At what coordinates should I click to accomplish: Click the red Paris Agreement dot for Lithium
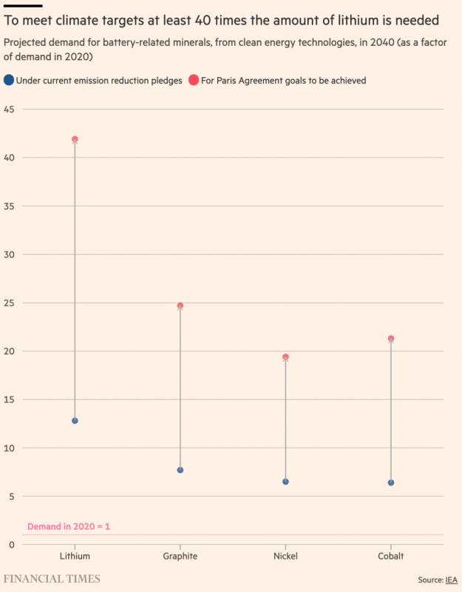point(75,139)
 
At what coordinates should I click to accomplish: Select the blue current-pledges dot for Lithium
point(75,420)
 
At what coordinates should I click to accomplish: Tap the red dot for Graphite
point(180,306)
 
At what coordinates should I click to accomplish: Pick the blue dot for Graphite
point(180,470)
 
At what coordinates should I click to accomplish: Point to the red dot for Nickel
point(285,357)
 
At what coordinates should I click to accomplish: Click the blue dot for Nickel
point(285,482)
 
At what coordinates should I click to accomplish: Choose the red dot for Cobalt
point(391,339)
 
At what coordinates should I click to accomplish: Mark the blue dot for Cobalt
point(391,482)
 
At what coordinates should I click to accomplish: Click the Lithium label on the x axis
point(75,556)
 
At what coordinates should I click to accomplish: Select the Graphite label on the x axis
point(180,556)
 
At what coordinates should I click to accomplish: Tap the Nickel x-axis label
point(285,556)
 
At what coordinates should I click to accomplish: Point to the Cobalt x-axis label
point(391,556)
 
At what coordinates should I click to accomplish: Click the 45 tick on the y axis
point(10,110)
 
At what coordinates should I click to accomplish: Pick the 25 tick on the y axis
point(10,303)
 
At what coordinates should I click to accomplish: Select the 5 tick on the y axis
point(10,497)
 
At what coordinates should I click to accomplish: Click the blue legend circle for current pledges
point(8,81)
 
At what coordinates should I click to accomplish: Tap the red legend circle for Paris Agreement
point(194,81)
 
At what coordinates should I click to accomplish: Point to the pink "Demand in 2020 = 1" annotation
point(68,527)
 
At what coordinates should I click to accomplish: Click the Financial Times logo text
point(52,579)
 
